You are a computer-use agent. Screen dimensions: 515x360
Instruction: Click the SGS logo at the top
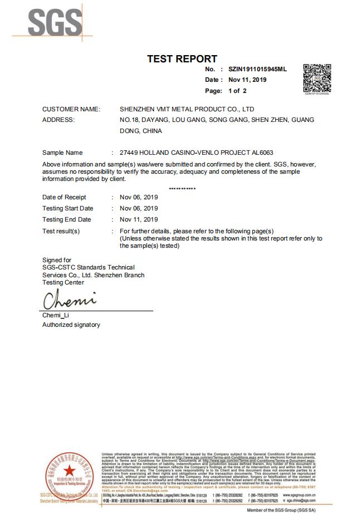(x=47, y=22)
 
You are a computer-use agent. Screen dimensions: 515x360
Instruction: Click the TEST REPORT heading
(x=182, y=58)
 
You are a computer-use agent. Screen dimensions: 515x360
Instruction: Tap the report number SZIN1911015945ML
(x=257, y=70)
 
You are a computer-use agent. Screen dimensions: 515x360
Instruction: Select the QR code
(x=317, y=79)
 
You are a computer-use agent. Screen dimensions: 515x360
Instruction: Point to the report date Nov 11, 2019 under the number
(x=247, y=80)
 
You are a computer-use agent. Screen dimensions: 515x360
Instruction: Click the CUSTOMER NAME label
(x=71, y=109)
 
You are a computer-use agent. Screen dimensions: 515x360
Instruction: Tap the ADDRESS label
(x=58, y=120)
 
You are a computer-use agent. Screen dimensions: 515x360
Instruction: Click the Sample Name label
(x=62, y=153)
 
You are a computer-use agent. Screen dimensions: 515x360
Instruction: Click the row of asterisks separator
(x=182, y=189)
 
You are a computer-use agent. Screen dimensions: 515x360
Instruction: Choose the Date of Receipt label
(x=64, y=197)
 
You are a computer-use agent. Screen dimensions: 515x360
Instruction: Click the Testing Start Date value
(x=139, y=208)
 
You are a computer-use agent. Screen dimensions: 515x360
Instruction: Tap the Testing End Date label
(x=66, y=219)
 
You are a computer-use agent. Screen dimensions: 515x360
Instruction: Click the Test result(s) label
(x=61, y=231)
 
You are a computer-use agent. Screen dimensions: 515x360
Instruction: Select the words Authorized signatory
(x=71, y=325)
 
